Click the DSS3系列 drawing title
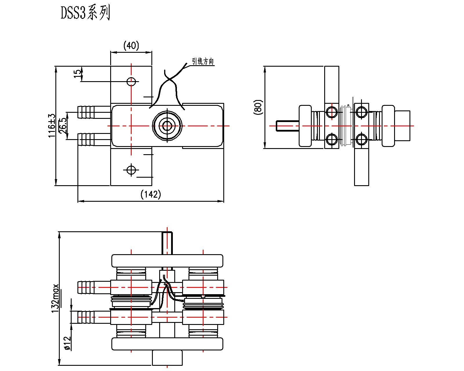click(x=85, y=13)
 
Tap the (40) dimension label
click(x=131, y=46)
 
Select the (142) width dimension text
click(x=151, y=194)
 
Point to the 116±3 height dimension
click(x=52, y=126)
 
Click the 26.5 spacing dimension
click(x=63, y=126)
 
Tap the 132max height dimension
click(x=55, y=298)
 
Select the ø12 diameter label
click(x=68, y=343)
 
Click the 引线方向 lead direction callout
click(x=203, y=61)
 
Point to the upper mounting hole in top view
click(x=131, y=82)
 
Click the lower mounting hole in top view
click(x=131, y=170)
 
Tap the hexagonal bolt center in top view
click(x=167, y=126)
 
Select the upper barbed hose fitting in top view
click(x=94, y=112)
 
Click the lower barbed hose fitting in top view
click(x=94, y=139)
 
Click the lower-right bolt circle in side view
click(x=362, y=139)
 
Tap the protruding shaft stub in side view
click(x=287, y=126)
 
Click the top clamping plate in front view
click(x=167, y=261)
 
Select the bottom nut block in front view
click(x=167, y=358)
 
